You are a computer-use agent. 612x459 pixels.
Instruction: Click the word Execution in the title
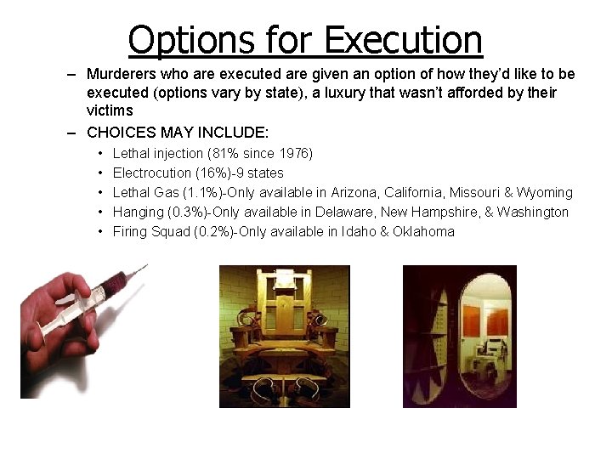pyautogui.click(x=404, y=39)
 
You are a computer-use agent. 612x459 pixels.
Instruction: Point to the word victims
pyautogui.click(x=110, y=110)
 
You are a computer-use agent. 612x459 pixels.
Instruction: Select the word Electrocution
pyautogui.click(x=152, y=173)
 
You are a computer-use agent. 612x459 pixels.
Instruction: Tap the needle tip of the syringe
pyautogui.click(x=146, y=266)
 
